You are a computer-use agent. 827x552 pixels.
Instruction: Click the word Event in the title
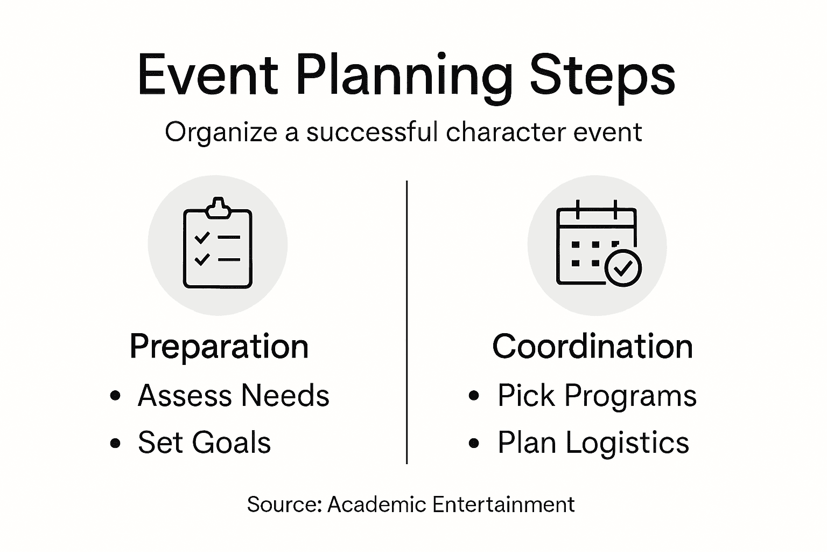coord(207,75)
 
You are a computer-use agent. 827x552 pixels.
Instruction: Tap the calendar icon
coord(597,245)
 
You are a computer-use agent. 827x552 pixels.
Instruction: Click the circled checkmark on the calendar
coord(623,267)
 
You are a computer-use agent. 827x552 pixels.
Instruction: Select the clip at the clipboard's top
coord(218,208)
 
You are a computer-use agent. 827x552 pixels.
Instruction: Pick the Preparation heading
coord(219,347)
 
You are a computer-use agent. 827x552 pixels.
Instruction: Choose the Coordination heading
coord(592,346)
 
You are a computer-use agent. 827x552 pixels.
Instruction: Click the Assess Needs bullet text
coord(233,396)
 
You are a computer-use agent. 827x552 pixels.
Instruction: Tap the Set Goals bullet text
coord(204,443)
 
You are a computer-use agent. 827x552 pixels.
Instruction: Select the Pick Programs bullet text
coord(597,396)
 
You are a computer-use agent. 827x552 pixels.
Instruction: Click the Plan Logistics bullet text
coord(593,443)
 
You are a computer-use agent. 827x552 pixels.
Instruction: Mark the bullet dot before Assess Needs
coord(115,396)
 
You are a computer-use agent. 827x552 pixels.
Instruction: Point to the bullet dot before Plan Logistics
coord(474,443)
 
